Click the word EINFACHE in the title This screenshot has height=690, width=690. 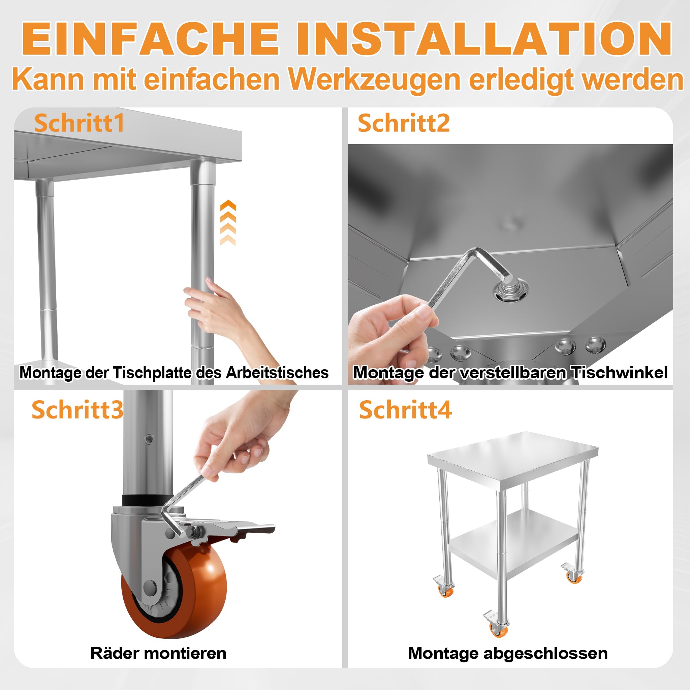pyautogui.click(x=150, y=38)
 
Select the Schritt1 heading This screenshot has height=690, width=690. pyautogui.click(x=79, y=123)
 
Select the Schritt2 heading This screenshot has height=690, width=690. pyautogui.click(x=404, y=123)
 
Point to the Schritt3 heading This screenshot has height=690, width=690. pyautogui.click(x=77, y=410)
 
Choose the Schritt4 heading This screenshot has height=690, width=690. pyautogui.click(x=405, y=410)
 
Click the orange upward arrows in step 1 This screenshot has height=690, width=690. pyautogui.click(x=228, y=223)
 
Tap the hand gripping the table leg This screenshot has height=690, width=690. pyautogui.click(x=221, y=311)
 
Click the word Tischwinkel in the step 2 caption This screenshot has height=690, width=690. pyautogui.click(x=619, y=373)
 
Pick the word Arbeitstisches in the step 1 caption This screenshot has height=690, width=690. pyautogui.click(x=277, y=373)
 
